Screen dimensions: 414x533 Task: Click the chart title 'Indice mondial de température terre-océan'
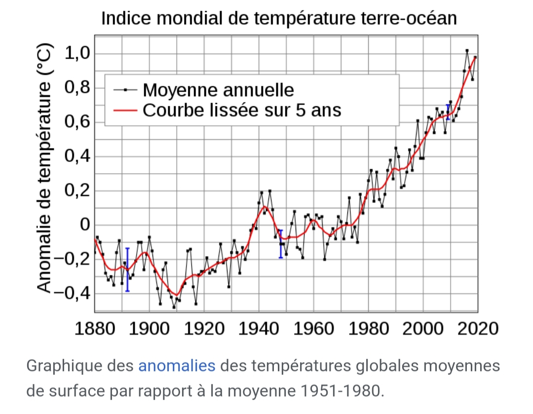click(279, 19)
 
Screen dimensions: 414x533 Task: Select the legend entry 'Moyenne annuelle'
click(218, 90)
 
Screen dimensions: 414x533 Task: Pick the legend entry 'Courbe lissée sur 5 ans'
click(242, 110)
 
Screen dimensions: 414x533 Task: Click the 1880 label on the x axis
click(95, 328)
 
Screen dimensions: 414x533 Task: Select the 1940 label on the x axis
click(259, 328)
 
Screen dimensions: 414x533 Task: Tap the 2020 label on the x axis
click(477, 328)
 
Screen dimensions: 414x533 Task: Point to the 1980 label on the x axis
click(368, 328)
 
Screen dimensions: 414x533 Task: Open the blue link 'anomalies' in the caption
click(177, 366)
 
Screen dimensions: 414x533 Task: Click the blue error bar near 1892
click(127, 269)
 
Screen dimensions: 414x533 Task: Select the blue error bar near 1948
click(280, 243)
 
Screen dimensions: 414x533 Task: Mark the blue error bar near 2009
click(448, 112)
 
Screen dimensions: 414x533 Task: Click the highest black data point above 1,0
click(467, 50)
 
